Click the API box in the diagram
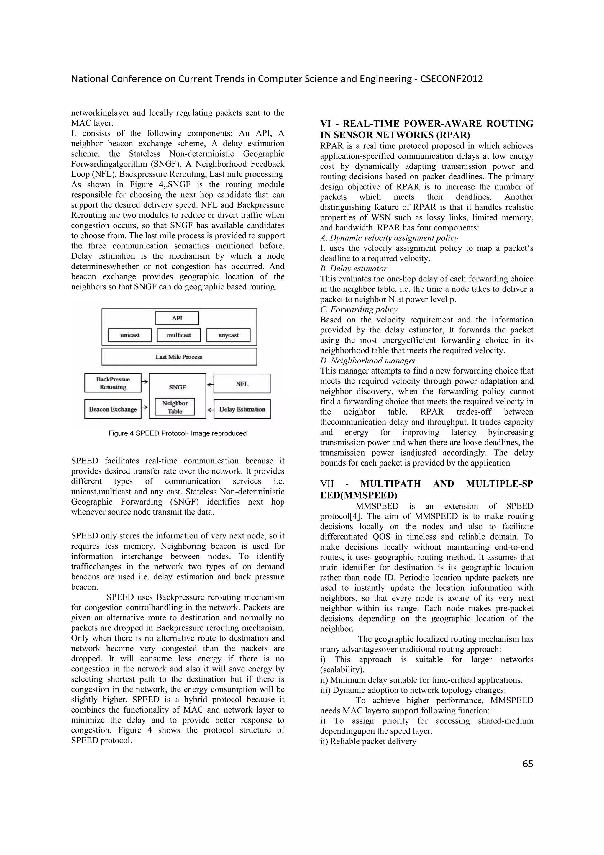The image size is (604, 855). (x=177, y=318)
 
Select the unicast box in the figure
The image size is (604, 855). (x=129, y=335)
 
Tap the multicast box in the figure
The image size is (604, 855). (x=179, y=335)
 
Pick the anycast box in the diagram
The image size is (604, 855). (x=228, y=335)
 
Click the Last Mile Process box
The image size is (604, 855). (x=179, y=357)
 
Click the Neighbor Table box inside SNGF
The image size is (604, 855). (x=175, y=407)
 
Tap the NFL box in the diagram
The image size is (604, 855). (x=242, y=384)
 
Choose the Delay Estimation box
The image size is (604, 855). (x=242, y=409)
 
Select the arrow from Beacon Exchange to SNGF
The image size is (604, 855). (x=145, y=407)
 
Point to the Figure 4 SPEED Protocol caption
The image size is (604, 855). (x=178, y=433)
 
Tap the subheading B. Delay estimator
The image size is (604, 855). (x=353, y=268)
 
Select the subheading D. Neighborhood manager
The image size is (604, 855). (x=368, y=361)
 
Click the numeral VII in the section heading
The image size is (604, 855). (x=327, y=484)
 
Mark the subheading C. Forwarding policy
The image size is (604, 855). (x=358, y=309)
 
